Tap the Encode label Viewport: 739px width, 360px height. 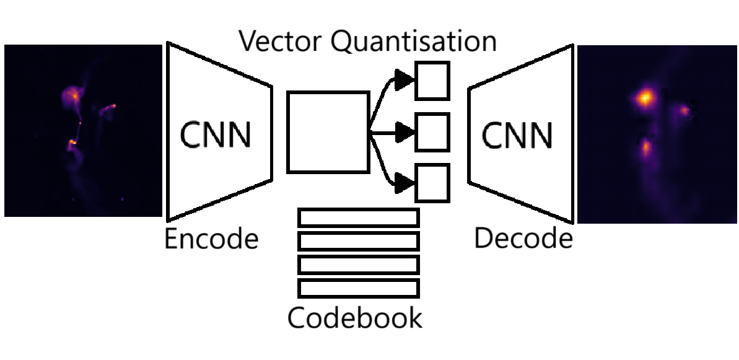coord(211,239)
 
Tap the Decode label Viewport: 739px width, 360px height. coord(523,239)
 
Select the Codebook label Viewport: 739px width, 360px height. coord(355,318)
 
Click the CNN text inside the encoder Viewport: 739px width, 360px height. coord(216,135)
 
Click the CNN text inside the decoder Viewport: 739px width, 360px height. coord(517,135)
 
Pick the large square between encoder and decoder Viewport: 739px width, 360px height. coord(328,132)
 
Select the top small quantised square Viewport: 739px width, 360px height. coord(432,81)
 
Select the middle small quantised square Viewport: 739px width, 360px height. coord(432,132)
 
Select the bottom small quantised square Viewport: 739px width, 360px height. coord(432,183)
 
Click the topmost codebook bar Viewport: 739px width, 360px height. coord(359,217)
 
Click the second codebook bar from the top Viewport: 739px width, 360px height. coord(359,241)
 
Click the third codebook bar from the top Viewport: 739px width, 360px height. coord(359,265)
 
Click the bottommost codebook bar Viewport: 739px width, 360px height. coord(359,288)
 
